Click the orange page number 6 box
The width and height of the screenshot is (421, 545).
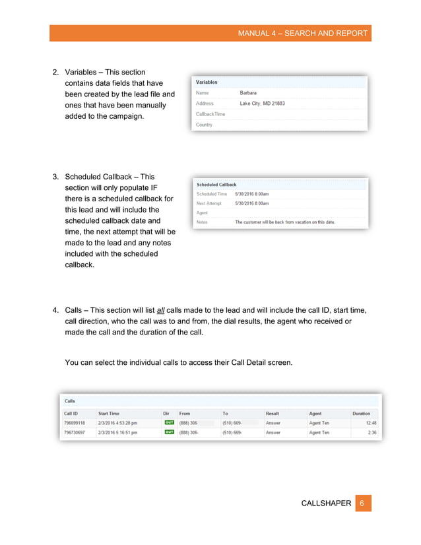point(362,503)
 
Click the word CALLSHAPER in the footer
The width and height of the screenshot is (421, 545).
point(326,504)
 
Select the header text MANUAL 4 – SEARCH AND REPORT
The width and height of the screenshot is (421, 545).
point(303,34)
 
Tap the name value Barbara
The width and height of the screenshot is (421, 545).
point(248,93)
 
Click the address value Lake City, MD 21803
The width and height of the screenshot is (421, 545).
point(262,104)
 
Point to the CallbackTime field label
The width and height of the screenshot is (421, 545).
point(210,114)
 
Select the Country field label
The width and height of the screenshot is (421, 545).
point(204,125)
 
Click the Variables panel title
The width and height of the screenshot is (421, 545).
point(207,82)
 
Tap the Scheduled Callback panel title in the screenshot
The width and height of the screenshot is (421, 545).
point(216,185)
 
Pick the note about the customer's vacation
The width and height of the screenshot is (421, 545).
point(285,222)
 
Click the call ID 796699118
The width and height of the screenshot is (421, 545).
point(75,423)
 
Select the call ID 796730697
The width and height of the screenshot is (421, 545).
point(75,432)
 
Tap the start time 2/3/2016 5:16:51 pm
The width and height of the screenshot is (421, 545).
point(118,432)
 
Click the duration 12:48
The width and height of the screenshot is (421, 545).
point(371,423)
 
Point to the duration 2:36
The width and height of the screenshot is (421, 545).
point(372,432)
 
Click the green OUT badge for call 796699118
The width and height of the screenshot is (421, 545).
point(169,423)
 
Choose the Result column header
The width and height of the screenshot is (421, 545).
point(273,413)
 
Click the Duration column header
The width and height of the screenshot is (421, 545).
point(361,413)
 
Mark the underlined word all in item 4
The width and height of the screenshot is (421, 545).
point(161,310)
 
